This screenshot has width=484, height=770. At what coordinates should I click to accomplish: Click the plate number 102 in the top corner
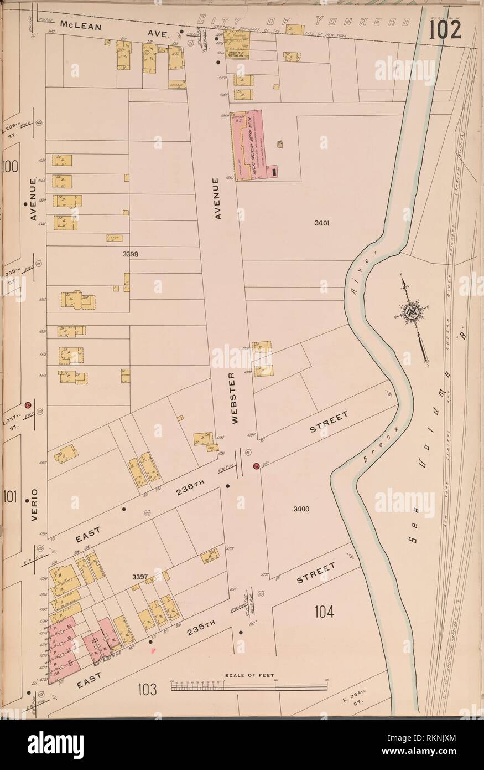pyautogui.click(x=446, y=31)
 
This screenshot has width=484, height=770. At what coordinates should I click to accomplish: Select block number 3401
pyautogui.click(x=321, y=224)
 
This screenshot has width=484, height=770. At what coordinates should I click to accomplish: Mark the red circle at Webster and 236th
pyautogui.click(x=256, y=466)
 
